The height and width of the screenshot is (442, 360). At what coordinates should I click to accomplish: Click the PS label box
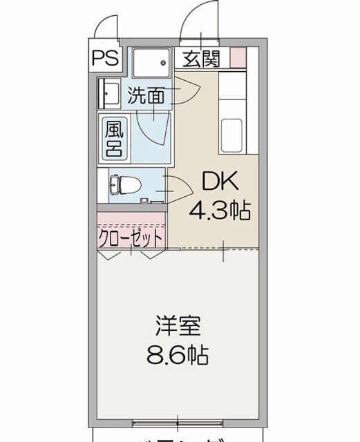click(105, 58)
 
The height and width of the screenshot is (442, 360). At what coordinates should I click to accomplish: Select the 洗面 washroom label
click(146, 95)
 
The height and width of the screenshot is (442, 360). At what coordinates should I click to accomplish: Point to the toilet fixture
click(124, 184)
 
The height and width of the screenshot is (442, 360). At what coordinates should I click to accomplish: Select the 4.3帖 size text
click(220, 209)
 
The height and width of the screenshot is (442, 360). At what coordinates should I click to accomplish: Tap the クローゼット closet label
click(131, 238)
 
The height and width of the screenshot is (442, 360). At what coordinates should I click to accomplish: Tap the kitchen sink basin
click(230, 131)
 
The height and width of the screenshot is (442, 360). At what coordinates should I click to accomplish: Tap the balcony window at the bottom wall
click(178, 421)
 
